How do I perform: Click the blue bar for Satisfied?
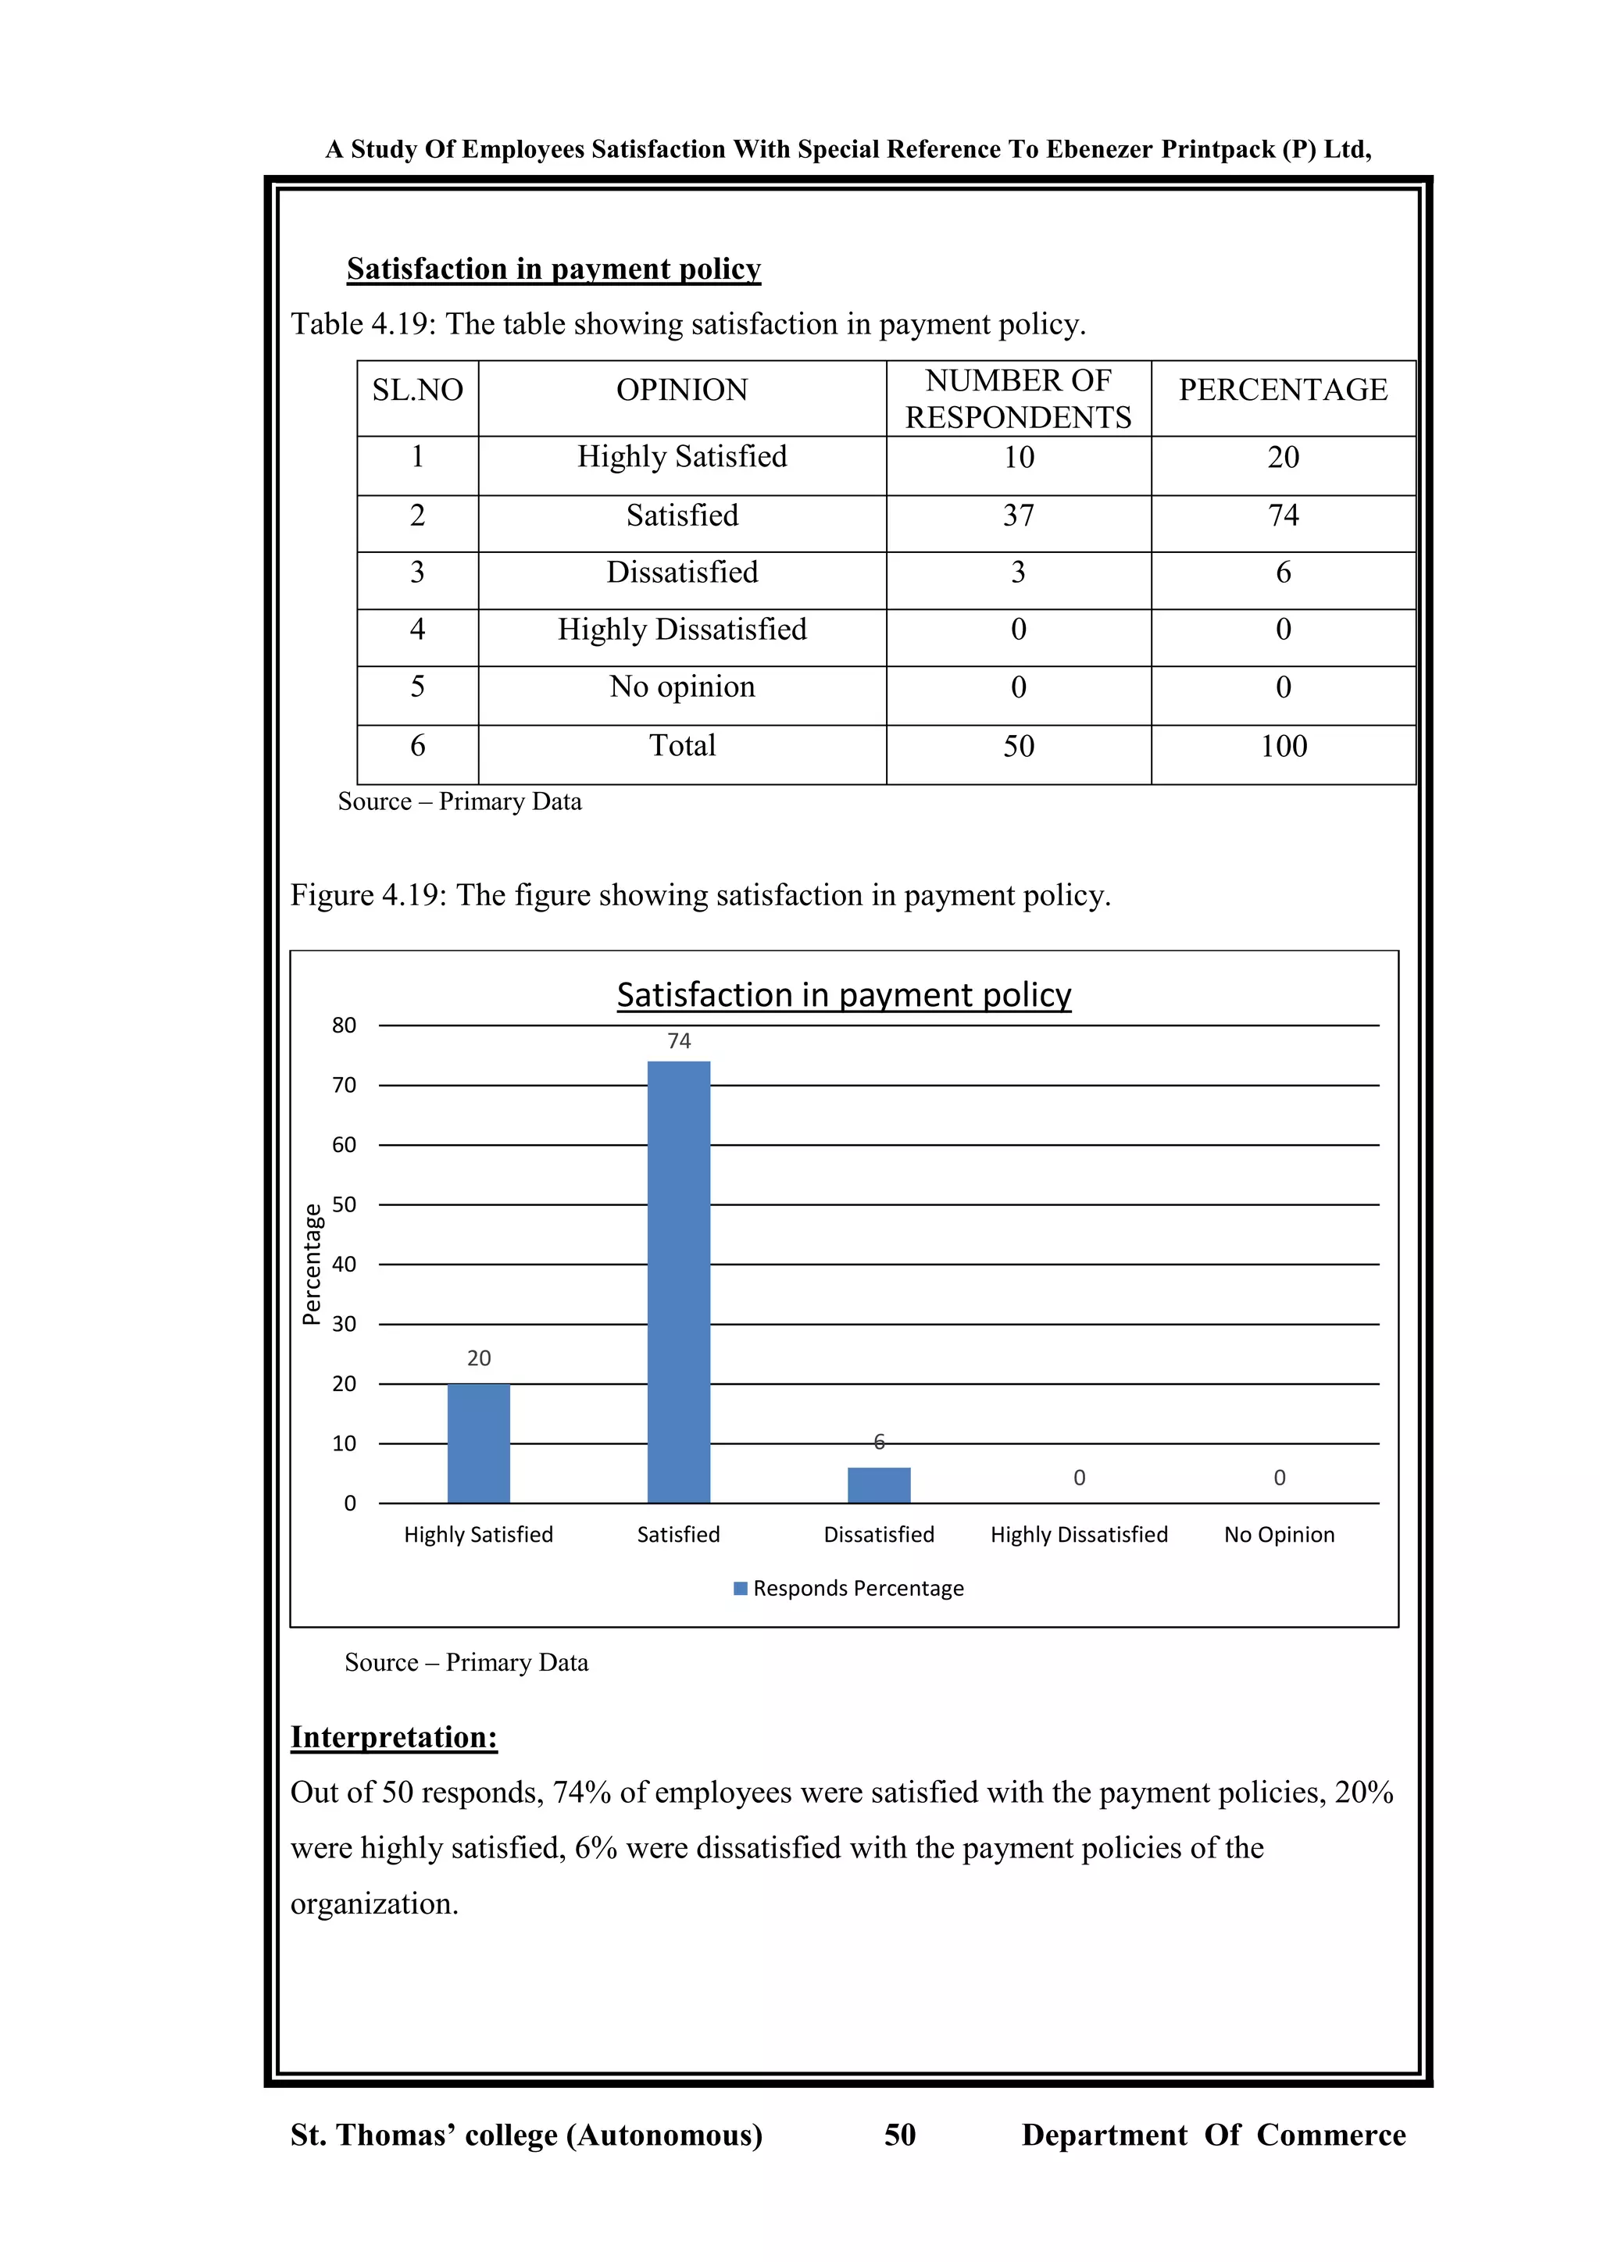(678, 1281)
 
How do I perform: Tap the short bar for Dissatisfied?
(879, 1485)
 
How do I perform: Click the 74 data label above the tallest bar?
(679, 1040)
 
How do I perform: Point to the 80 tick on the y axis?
(344, 1026)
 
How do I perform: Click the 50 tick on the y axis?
(344, 1204)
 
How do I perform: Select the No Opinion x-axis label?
(1279, 1534)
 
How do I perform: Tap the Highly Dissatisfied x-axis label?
(1079, 1534)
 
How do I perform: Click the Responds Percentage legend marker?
(741, 1588)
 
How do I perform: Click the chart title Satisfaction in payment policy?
(843, 995)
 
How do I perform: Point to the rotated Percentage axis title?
(312, 1264)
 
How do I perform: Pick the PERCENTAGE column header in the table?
(1283, 390)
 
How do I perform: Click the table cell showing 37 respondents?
(1019, 516)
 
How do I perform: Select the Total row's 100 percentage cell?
(1284, 746)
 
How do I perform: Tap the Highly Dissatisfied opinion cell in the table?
(682, 630)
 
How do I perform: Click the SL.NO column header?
(418, 390)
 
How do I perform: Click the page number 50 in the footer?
(899, 2134)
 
